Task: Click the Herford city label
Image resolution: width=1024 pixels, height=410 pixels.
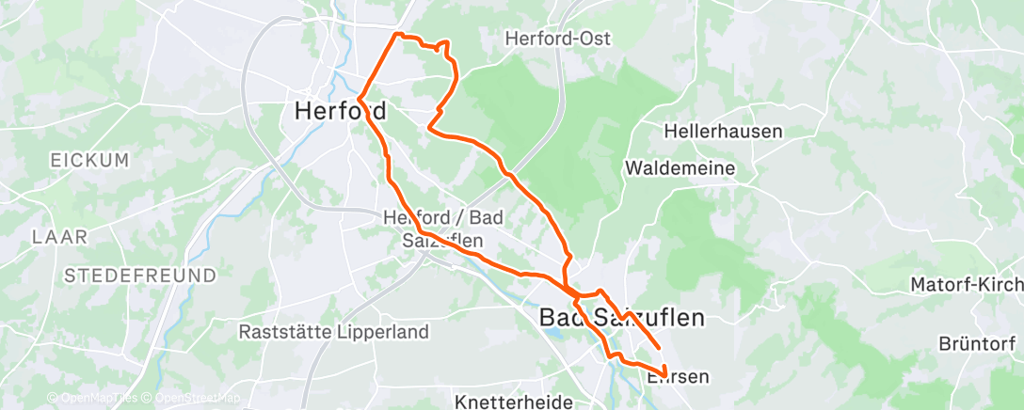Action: pos(340,111)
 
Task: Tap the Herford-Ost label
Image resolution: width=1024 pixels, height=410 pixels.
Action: pos(558,39)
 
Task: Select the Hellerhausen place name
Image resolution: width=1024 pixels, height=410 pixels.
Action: pos(723,131)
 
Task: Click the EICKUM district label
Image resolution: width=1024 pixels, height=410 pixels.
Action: pos(89,161)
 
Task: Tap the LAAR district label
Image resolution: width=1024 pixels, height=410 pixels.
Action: pos(59,236)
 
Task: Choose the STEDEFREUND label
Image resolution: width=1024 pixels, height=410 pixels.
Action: pos(140,275)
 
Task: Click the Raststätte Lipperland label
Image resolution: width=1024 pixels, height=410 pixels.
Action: pos(334,332)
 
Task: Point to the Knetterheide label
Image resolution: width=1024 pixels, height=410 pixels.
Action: pos(514,402)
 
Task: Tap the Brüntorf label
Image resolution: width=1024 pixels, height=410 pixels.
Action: pos(980,344)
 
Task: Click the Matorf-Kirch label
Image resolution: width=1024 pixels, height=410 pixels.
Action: pos(966,284)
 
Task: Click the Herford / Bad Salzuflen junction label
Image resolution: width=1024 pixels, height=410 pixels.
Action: pos(443,229)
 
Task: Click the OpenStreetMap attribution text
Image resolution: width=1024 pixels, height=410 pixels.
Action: pos(197,399)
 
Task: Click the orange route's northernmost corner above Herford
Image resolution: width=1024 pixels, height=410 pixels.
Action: pos(395,34)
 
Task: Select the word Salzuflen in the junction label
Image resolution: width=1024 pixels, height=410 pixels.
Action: pos(443,240)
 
